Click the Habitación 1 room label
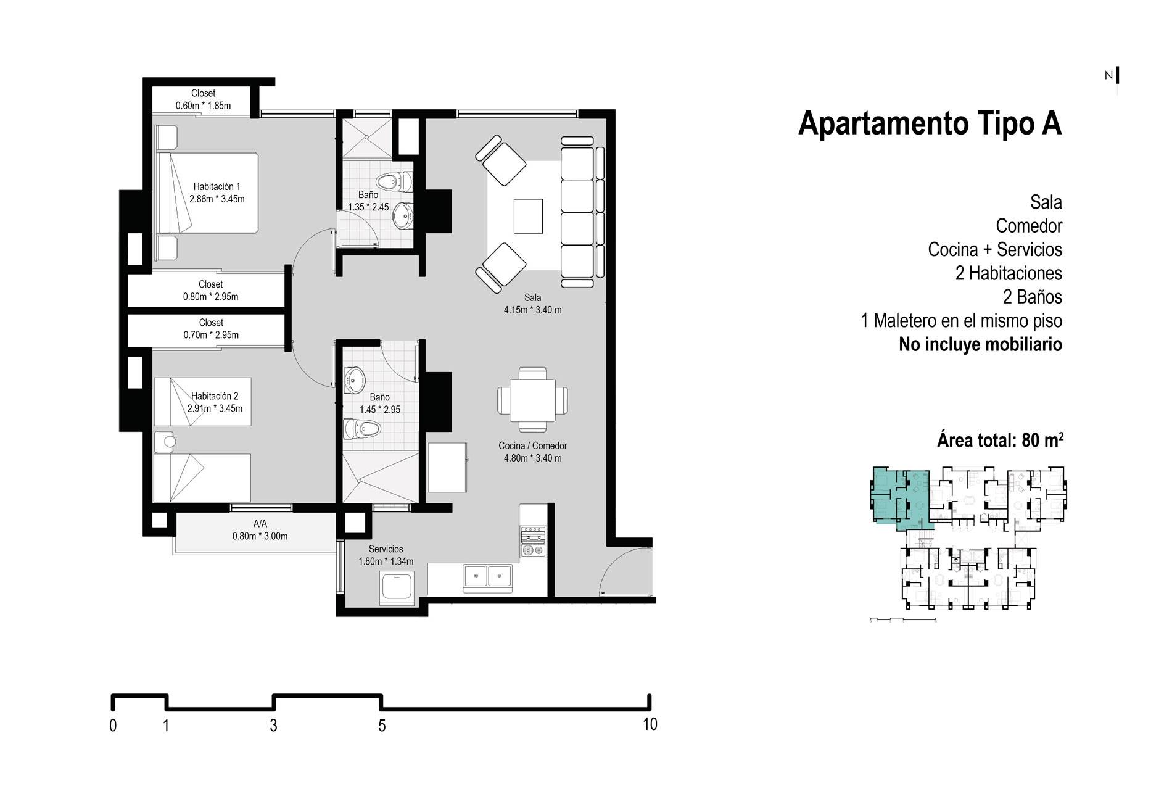217,193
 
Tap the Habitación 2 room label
215,402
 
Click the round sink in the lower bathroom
354,379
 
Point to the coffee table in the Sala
529,216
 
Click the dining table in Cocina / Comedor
532,399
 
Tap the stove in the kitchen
533,541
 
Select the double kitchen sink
488,576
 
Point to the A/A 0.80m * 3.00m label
260,530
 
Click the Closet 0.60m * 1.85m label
203,99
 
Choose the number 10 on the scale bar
650,724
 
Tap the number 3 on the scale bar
273,726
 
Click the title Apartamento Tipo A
930,123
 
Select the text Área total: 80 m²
1000,440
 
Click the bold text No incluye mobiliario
980,344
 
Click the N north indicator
1108,75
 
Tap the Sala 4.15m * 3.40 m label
532,304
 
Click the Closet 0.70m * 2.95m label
211,329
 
